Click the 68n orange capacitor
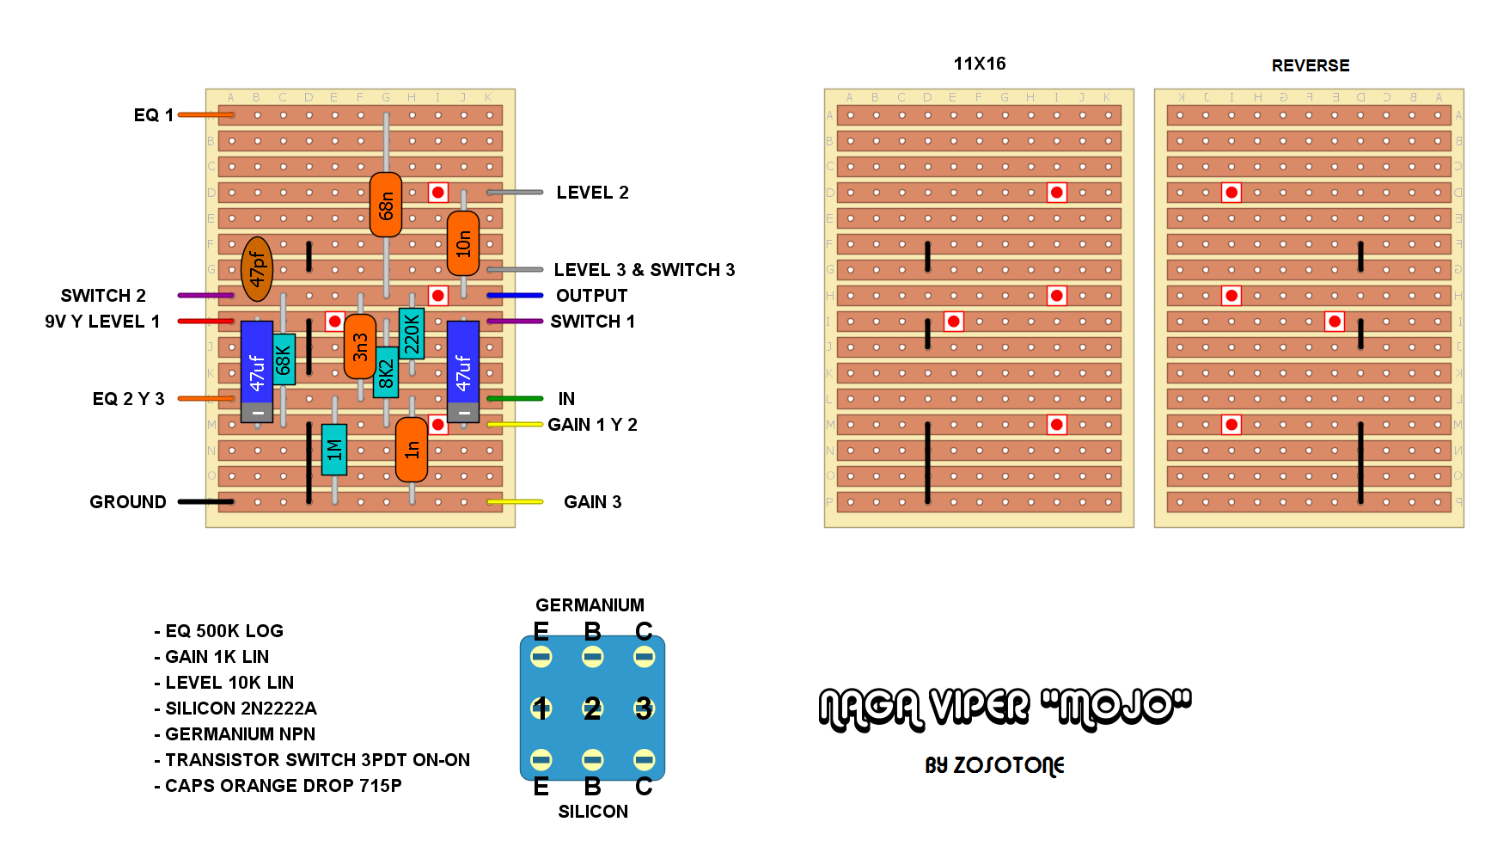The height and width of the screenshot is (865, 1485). pos(386,205)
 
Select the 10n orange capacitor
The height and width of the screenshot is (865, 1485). pos(463,243)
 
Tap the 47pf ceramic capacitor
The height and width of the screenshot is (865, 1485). pos(257,269)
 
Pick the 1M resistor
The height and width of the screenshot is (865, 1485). pos(334,449)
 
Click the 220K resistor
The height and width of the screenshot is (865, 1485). pos(412,334)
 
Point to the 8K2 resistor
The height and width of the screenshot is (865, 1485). pos(386,372)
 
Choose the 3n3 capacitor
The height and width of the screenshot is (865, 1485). pos(360,347)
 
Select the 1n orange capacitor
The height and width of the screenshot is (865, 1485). pos(412,449)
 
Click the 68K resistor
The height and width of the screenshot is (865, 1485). pos(284,359)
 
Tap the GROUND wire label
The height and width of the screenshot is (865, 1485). pos(128,502)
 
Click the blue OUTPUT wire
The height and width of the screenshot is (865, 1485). pos(515,296)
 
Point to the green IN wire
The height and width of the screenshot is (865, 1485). pos(515,399)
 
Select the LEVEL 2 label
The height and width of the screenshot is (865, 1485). pos(592,193)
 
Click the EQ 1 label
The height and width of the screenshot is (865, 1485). pos(154,115)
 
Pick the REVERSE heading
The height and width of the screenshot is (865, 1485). pos(1311,65)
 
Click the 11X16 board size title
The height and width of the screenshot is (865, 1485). pos(980,64)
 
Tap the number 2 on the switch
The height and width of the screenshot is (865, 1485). pos(592,709)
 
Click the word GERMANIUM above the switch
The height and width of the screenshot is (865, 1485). pos(590,605)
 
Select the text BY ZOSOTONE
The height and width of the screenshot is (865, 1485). pos(994,765)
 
